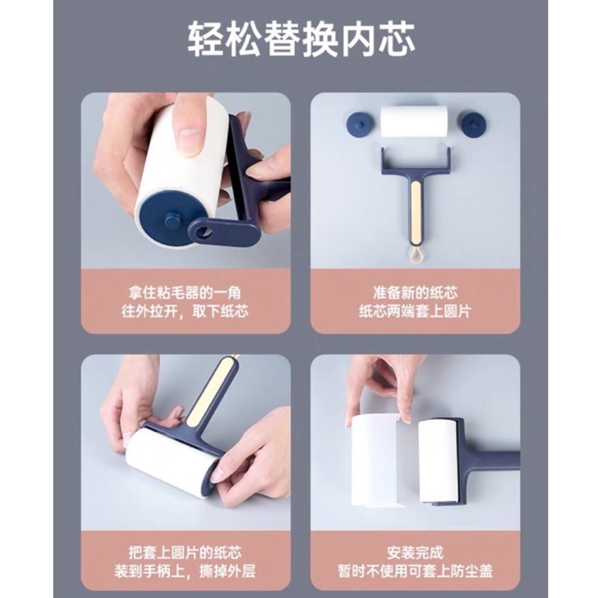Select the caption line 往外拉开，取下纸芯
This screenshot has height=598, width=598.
tap(185, 310)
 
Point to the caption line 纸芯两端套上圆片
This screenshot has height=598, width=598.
tap(415, 310)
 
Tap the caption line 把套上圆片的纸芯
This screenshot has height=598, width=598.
tap(185, 554)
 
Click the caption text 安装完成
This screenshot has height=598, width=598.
tap(415, 554)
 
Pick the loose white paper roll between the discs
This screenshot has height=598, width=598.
tap(414, 121)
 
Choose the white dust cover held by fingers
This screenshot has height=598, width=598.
tap(375, 460)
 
